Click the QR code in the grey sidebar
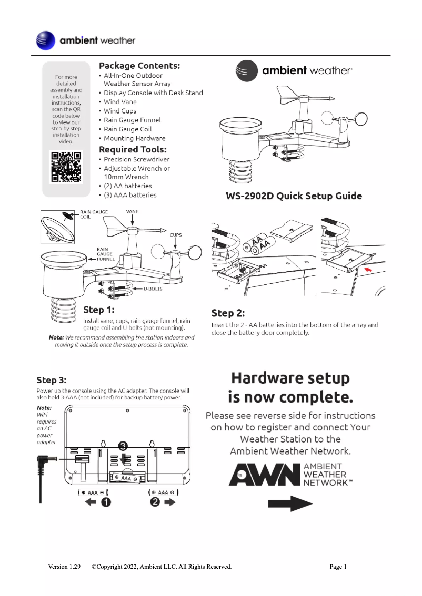point(66,167)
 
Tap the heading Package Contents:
point(139,66)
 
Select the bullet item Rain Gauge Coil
point(127,129)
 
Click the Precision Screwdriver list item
point(136,159)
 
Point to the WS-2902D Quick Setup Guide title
point(294,196)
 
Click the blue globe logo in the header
point(45,40)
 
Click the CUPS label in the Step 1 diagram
point(176,236)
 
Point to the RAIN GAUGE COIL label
point(94,214)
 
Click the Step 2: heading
point(228,313)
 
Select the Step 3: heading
point(52,379)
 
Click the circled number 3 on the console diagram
point(123,446)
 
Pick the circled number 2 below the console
point(155,502)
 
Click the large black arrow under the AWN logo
point(290,504)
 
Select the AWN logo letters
point(264,475)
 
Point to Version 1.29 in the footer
point(64,567)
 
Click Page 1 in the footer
point(338,567)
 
